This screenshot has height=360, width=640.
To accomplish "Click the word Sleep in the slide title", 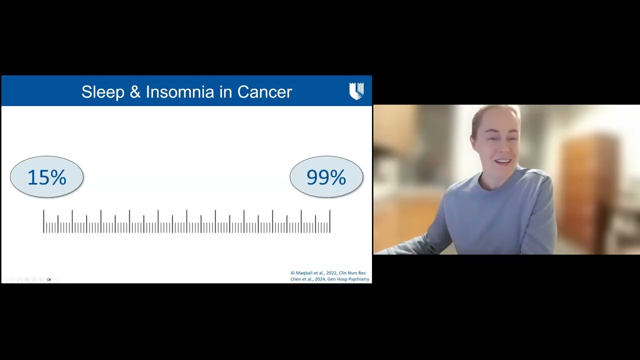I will click(x=102, y=92).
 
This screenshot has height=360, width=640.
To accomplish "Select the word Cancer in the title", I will click(x=264, y=92).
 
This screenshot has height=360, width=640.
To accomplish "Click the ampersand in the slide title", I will click(x=135, y=92).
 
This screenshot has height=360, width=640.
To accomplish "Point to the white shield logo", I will click(x=356, y=91).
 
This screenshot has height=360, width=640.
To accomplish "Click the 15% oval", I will click(x=46, y=177).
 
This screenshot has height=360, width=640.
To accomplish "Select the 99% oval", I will click(x=326, y=177).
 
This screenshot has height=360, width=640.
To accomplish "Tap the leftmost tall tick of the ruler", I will click(x=43, y=221).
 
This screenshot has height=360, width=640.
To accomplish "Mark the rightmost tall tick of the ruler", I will click(x=330, y=221).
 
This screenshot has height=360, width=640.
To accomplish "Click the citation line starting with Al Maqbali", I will click(x=327, y=273).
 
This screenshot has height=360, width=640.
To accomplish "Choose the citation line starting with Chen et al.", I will click(x=329, y=279).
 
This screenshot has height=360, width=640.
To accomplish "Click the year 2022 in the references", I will click(x=331, y=273).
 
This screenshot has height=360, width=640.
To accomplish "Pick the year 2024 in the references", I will click(x=320, y=279).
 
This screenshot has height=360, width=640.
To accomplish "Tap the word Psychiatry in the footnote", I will click(x=358, y=279).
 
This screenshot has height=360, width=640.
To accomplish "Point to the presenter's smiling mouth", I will click(x=502, y=162).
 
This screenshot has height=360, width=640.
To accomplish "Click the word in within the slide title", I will click(x=226, y=92).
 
